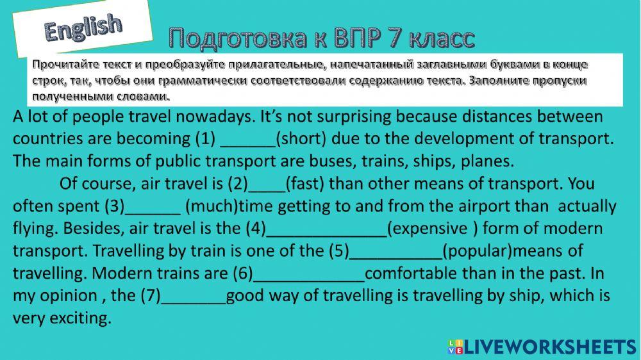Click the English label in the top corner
tap(83, 28)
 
